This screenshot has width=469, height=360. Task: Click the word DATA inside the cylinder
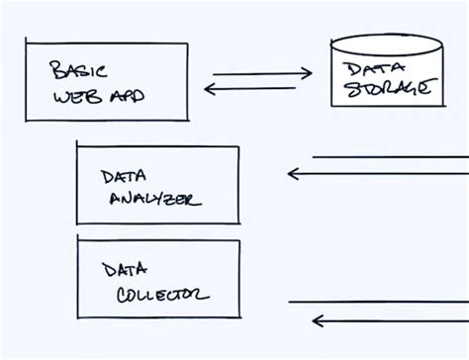click(365, 68)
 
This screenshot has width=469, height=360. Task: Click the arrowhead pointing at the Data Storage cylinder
click(308, 73)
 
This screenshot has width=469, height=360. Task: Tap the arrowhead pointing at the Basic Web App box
click(209, 89)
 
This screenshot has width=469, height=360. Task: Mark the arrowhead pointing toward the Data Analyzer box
click(293, 174)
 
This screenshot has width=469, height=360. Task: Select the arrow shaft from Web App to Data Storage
click(257, 73)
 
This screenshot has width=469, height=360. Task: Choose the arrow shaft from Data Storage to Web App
click(252, 89)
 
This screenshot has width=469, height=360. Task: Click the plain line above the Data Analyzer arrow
click(391, 157)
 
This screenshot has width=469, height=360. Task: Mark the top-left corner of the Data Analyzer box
click(78, 145)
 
